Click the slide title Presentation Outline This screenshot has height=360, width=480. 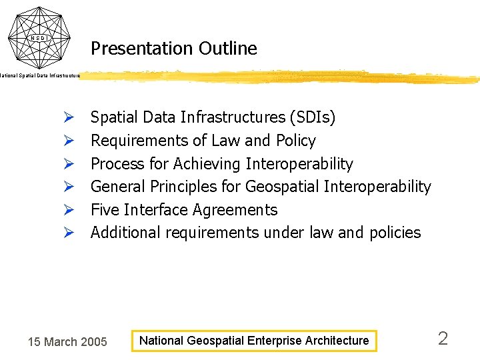[173, 49]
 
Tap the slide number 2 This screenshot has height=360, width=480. [443, 339]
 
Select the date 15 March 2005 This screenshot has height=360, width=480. [67, 342]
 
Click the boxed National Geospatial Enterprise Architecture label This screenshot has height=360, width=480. [253, 341]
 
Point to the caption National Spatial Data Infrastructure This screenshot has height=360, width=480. [40, 76]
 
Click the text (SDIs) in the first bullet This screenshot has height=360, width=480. [313, 118]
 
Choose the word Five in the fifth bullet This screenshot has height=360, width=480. [105, 210]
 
